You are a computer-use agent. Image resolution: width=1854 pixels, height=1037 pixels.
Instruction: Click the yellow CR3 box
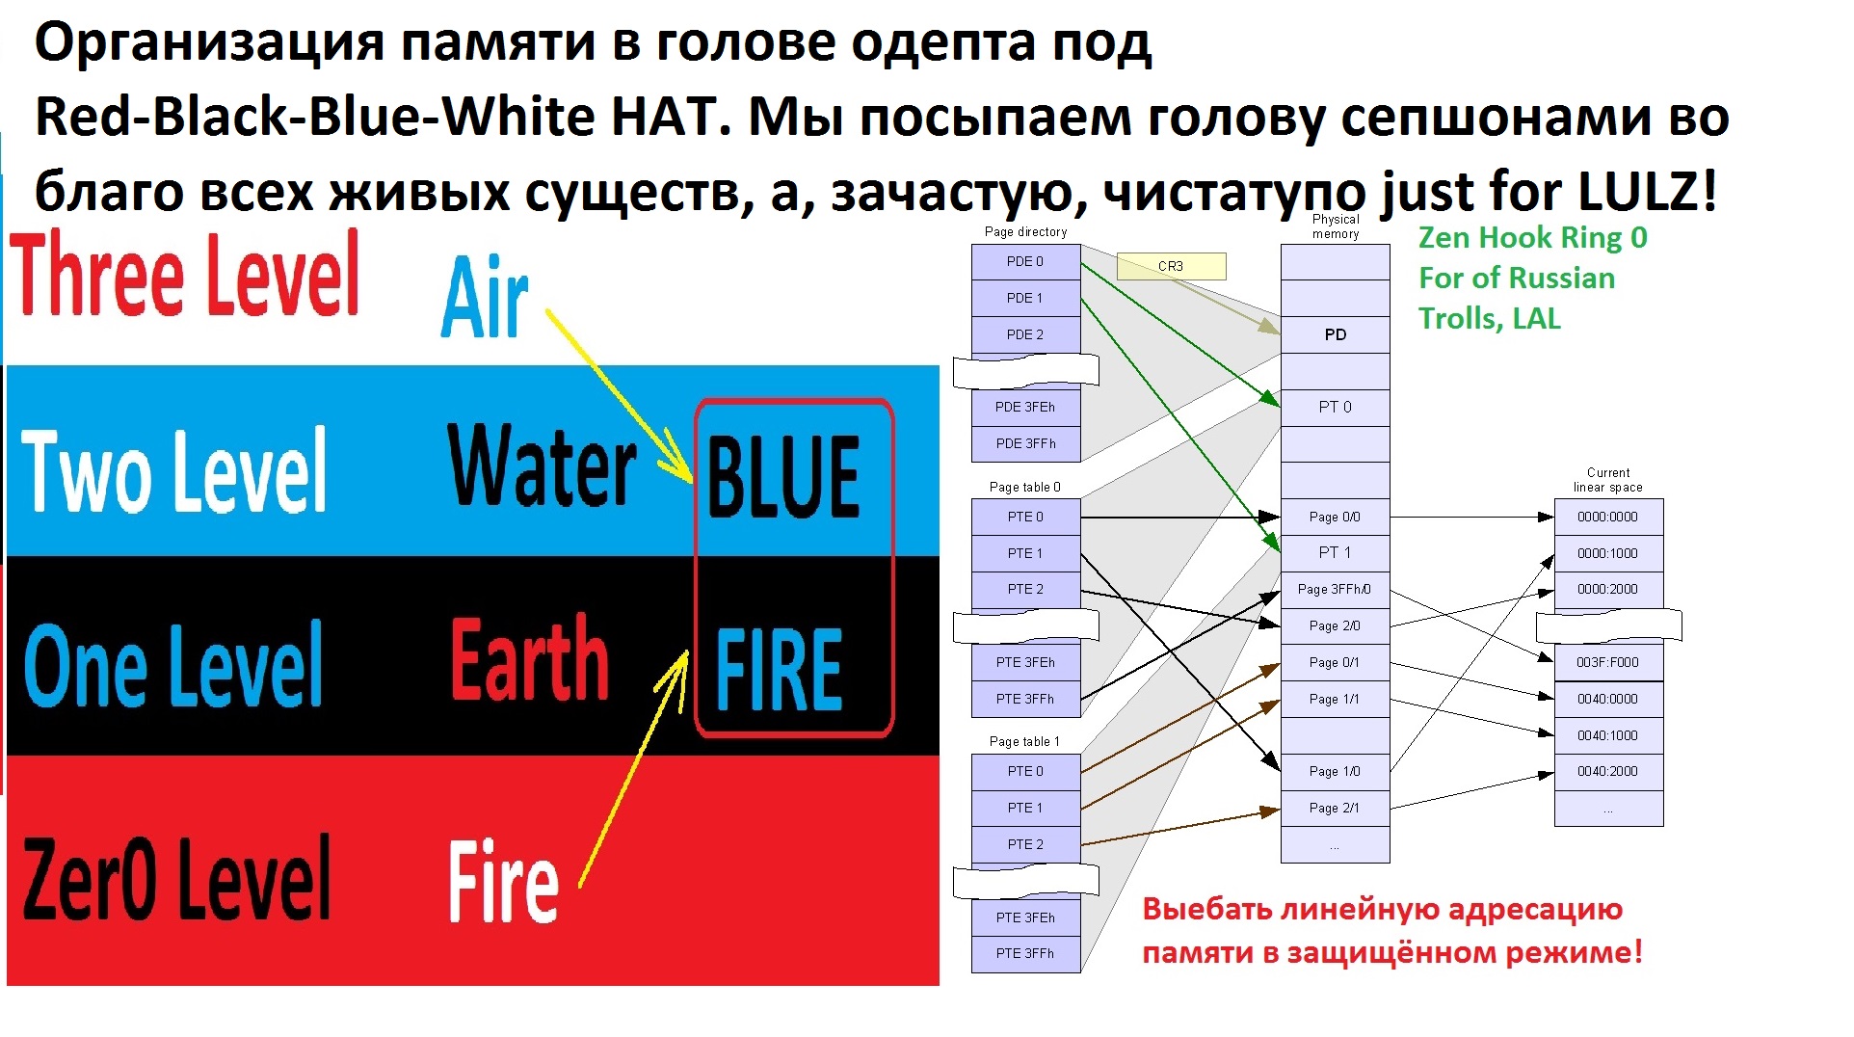[x=1171, y=266]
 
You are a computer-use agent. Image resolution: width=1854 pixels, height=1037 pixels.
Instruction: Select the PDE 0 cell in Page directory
[x=1025, y=262]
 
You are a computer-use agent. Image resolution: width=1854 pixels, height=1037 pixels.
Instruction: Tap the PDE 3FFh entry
[x=1025, y=443]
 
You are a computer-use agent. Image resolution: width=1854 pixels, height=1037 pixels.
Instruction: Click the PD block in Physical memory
[x=1335, y=334]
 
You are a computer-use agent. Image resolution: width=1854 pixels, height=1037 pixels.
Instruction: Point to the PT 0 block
[x=1335, y=407]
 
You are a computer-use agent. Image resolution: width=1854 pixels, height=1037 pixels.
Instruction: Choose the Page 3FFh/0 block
[x=1335, y=589]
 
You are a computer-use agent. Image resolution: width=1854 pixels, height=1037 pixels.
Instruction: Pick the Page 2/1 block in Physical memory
[x=1335, y=808]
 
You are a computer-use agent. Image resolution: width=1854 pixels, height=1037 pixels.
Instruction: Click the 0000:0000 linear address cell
[x=1608, y=517]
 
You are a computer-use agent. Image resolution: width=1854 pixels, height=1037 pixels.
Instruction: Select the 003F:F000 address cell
[x=1608, y=662]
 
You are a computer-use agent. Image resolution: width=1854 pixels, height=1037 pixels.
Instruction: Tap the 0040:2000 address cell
[x=1608, y=771]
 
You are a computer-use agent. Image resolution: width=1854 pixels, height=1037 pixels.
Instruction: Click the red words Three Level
[x=186, y=274]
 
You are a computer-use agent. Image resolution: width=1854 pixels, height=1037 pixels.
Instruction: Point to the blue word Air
[x=485, y=296]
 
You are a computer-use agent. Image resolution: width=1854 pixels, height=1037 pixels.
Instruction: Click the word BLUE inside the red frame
[x=783, y=476]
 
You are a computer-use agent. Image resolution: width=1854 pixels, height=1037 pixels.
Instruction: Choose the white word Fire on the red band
[x=503, y=881]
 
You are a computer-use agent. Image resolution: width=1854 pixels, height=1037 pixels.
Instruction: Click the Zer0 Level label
[x=176, y=877]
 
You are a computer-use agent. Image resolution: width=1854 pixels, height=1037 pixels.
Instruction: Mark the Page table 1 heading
[x=1024, y=741]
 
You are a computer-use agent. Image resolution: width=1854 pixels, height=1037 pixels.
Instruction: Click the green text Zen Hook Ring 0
[x=1533, y=238]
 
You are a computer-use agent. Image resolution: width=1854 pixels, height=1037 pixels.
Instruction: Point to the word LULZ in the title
[x=1648, y=190]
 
